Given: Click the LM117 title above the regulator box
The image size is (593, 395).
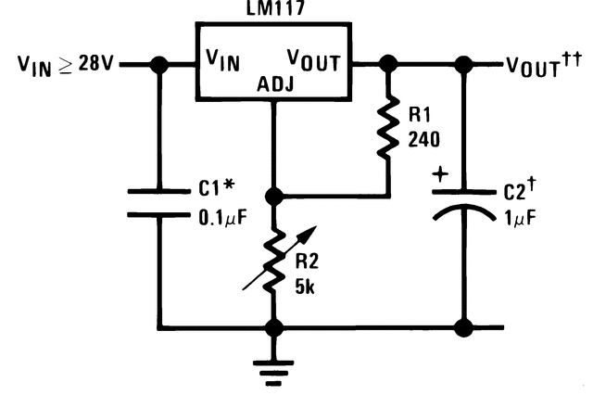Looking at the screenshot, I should pyautogui.click(x=271, y=10).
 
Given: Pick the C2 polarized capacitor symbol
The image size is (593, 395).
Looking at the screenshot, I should pyautogui.click(x=464, y=206).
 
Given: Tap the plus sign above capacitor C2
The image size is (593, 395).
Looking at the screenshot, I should pyautogui.click(x=439, y=173).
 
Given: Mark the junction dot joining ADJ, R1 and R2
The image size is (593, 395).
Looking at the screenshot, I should pyautogui.click(x=273, y=197).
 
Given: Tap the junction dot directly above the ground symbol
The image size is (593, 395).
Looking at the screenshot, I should pyautogui.click(x=273, y=327).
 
